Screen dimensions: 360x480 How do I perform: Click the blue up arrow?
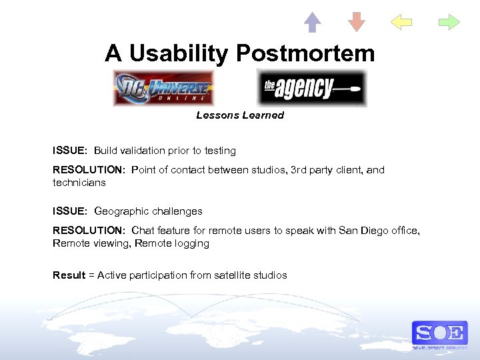click(x=312, y=23)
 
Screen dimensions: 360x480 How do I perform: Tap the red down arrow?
click(x=357, y=23)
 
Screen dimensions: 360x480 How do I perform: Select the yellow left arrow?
click(x=401, y=23)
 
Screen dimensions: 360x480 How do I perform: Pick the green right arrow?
click(x=449, y=23)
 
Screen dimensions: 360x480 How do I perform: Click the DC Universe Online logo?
click(x=163, y=88)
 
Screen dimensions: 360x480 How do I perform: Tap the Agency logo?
click(x=311, y=88)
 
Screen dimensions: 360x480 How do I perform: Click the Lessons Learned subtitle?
click(x=240, y=115)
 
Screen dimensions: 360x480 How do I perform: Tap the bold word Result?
click(x=69, y=275)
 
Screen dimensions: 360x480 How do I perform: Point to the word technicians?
click(x=79, y=182)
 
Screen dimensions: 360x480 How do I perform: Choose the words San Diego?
click(x=362, y=231)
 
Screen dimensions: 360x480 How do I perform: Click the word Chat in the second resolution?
click(x=143, y=231)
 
